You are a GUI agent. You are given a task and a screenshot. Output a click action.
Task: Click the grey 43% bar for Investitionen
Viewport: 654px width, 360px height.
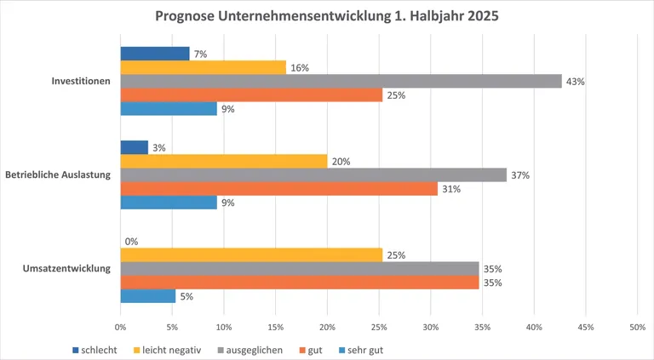[341, 81]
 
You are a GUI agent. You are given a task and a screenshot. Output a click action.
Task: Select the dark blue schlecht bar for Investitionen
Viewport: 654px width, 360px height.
[154, 54]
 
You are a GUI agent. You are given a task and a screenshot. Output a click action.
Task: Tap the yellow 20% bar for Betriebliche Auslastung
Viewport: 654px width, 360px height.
[223, 162]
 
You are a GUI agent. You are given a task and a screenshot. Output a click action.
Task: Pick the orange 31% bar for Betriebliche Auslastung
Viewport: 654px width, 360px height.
[278, 189]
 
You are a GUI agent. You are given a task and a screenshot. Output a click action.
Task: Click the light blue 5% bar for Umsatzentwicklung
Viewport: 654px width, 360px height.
[147, 296]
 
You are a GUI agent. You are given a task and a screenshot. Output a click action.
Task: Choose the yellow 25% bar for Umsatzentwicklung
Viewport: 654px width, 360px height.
[251, 255]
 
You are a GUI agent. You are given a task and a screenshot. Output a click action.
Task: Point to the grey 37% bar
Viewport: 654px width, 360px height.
[313, 175]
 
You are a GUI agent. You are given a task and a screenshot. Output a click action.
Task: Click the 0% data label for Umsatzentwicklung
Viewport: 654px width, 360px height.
[131, 242]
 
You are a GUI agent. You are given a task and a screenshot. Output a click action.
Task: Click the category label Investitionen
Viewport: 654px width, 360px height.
[82, 82]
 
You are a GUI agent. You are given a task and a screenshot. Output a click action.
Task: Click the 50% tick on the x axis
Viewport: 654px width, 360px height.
[637, 326]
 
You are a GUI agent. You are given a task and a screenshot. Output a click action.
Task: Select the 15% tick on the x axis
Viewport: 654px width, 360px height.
[275, 326]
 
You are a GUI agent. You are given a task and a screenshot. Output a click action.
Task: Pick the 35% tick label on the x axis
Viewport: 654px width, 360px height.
[482, 326]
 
